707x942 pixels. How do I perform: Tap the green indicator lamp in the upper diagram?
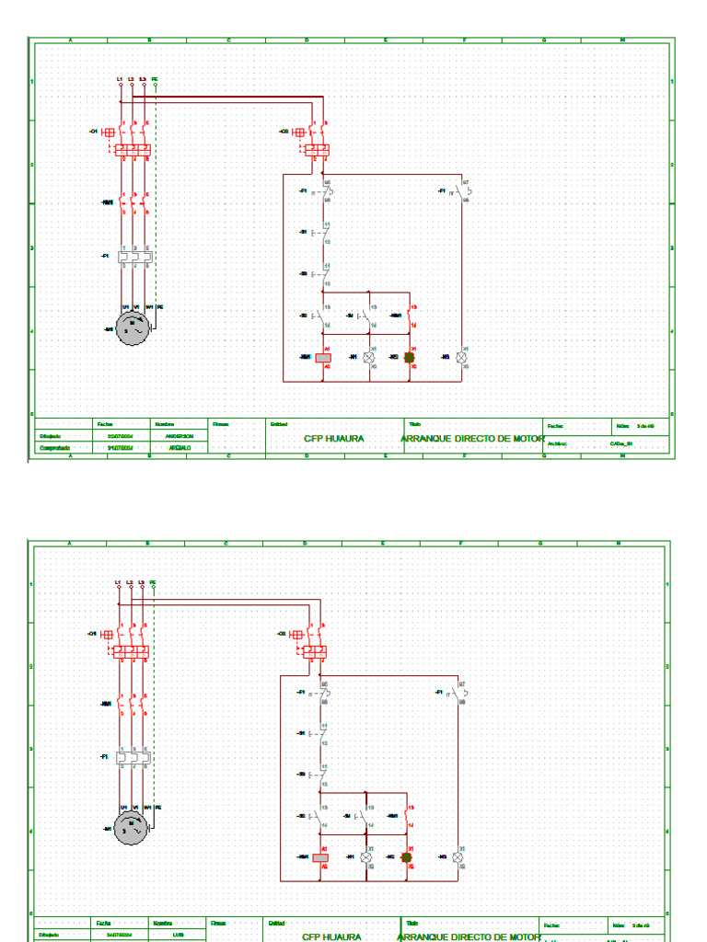[410, 357]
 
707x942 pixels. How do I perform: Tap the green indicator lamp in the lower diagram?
[406, 857]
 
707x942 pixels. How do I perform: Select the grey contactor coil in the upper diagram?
[323, 357]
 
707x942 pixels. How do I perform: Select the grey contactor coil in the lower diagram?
[320, 857]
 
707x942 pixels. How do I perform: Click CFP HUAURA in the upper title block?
[334, 439]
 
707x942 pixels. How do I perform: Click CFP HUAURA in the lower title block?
[332, 936]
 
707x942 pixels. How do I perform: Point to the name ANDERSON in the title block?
[180, 436]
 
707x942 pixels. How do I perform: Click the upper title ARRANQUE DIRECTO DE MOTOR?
[472, 439]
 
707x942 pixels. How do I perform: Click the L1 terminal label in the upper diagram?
[121, 79]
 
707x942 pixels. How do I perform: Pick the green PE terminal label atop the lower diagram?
[153, 583]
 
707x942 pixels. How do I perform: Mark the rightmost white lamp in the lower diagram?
[458, 857]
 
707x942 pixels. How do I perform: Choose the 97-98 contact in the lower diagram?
[459, 693]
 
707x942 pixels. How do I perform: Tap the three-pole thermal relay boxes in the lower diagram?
[132, 757]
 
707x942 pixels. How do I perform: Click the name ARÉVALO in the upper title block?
[180, 448]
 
